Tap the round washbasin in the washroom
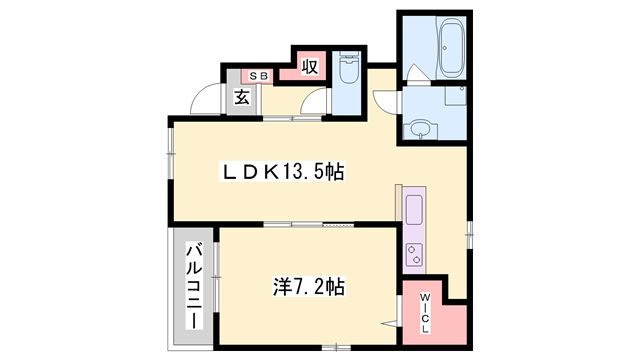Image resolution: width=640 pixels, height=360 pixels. [x=420, y=129]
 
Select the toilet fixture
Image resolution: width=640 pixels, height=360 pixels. [x=348, y=70]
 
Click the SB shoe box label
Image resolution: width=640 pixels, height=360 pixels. [x=258, y=76]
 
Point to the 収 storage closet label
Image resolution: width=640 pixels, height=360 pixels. [x=310, y=66]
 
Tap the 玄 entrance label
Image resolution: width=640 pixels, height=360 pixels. [x=243, y=97]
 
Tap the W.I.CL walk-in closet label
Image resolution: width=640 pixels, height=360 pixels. [x=425, y=311]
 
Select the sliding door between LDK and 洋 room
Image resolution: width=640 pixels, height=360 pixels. [x=310, y=223]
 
